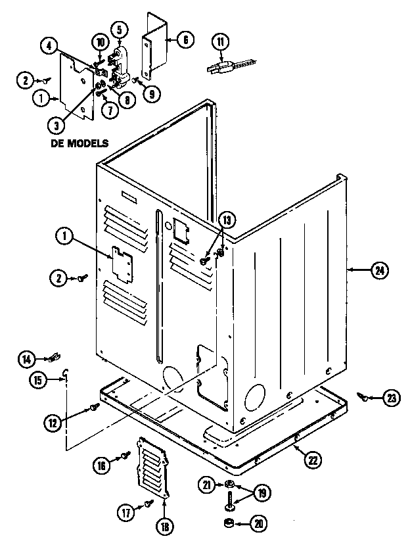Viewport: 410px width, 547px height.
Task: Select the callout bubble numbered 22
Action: coord(311,460)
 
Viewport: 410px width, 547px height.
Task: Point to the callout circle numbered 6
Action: coord(186,39)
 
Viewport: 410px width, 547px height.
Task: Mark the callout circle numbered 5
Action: coord(120,29)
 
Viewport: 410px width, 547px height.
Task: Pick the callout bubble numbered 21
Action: coord(208,485)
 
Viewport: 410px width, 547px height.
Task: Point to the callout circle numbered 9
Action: coord(152,93)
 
